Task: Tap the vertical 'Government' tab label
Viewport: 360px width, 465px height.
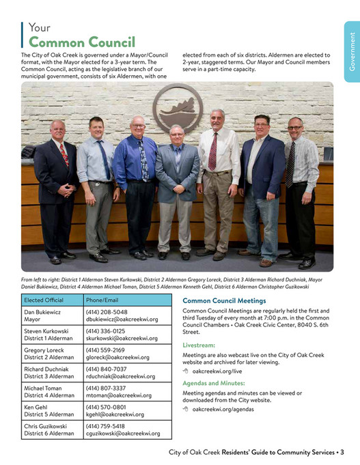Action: coord(352,51)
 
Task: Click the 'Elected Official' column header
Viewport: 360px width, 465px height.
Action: coord(44,300)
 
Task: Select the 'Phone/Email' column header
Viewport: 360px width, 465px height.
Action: coord(102,300)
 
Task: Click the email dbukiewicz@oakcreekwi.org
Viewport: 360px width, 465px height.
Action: coord(122,319)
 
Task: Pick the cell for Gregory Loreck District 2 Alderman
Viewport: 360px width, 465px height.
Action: coord(49,353)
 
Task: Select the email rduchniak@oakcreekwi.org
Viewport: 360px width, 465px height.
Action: coord(120,376)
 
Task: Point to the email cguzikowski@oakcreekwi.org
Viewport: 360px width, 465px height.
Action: coord(123,434)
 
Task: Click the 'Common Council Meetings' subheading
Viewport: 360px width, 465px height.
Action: coord(224,300)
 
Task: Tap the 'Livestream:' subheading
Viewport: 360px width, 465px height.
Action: coord(199,346)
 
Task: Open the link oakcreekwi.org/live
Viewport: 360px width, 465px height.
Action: coord(217,371)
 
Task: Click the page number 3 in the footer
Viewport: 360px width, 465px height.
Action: coord(342,452)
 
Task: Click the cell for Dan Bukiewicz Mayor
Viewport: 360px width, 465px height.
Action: coord(49,315)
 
